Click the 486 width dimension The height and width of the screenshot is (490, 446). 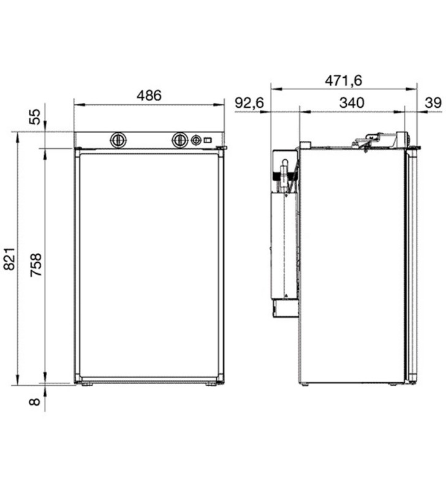pos(149,96)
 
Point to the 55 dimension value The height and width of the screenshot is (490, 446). pos(36,116)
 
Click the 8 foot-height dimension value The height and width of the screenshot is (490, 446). pos(36,402)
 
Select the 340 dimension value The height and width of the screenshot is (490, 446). pos(352,103)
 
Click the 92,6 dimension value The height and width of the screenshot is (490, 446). pos(249,103)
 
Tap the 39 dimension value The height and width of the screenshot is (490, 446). pos(433,103)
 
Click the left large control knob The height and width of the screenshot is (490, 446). pos(118,140)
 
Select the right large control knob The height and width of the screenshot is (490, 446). pos(180,140)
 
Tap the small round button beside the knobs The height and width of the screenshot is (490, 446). pos(196,140)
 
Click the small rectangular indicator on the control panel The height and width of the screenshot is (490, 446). pos(208,140)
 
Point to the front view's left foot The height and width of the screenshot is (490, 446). pos(87,384)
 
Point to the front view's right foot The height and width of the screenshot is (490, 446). pos(211,384)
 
